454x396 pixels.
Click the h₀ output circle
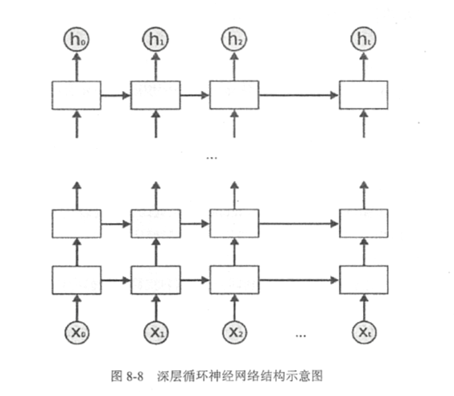coord(77,37)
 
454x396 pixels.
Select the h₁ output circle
coord(155,37)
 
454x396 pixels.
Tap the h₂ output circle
coord(233,37)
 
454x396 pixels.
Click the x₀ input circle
coord(77,330)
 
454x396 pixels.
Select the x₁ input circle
coord(155,330)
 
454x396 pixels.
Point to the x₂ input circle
coord(233,330)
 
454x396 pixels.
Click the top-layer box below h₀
coord(77,95)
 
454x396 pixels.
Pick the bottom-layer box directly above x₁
coord(155,279)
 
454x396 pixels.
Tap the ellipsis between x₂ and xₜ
coord(302,332)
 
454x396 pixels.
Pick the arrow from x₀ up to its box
coord(77,306)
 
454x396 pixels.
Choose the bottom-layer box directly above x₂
coord(233,279)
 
